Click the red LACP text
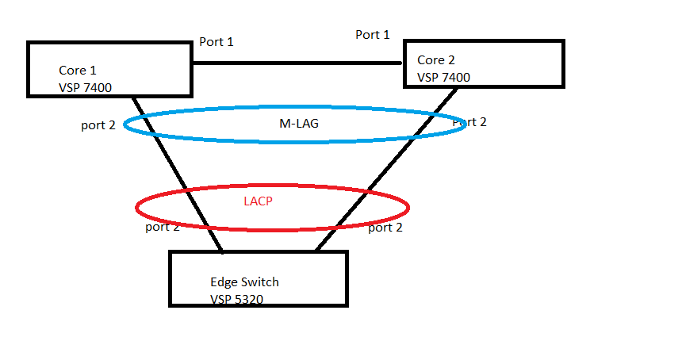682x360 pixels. coord(258,201)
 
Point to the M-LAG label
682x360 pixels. coord(293,123)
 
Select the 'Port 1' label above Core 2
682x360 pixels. coord(373,34)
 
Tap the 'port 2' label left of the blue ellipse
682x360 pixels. coord(98,125)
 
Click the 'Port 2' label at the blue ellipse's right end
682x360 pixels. coord(469,121)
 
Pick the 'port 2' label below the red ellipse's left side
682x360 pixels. coord(162,227)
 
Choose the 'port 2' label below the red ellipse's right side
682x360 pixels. coord(386,227)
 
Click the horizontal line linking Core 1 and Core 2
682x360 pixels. coord(297,63)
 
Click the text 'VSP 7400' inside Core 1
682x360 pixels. coord(85,87)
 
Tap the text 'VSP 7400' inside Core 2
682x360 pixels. coord(443,77)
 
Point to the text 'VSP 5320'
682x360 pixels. coord(236,299)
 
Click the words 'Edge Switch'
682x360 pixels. coord(244,281)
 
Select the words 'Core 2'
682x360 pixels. coord(436,59)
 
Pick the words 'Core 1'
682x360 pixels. coord(78,71)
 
